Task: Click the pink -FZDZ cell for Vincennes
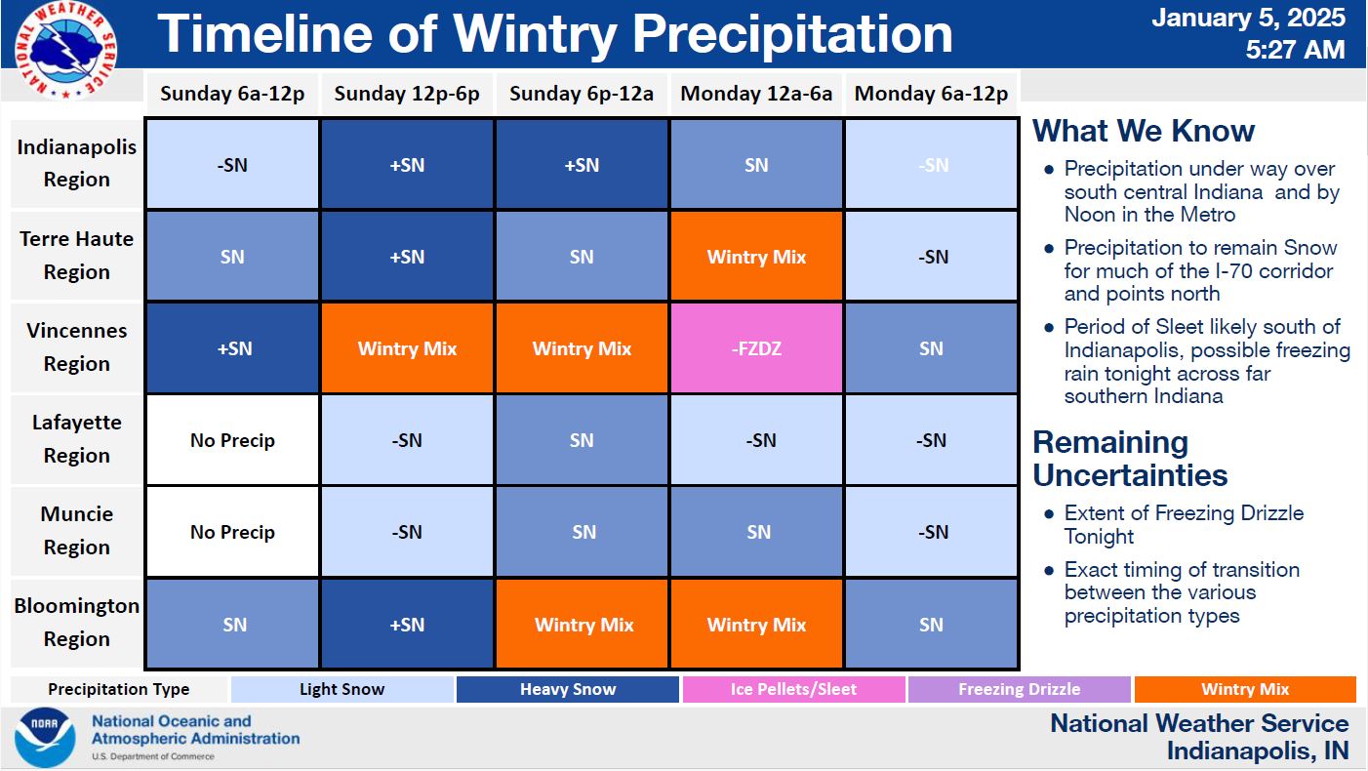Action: click(x=756, y=348)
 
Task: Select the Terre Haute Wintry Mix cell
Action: click(x=756, y=257)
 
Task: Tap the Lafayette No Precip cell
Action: click(x=232, y=440)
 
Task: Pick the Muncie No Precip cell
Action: click(x=232, y=532)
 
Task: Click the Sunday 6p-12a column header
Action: click(x=582, y=94)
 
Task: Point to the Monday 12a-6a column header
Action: click(x=756, y=94)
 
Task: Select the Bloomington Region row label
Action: click(x=77, y=623)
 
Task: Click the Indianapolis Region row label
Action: click(x=77, y=163)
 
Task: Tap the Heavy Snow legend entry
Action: click(x=568, y=689)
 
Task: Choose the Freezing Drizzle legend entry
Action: click(x=1020, y=689)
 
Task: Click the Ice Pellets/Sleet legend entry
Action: click(x=793, y=689)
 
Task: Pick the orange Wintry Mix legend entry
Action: click(x=1245, y=689)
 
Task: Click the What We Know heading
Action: click(x=1144, y=131)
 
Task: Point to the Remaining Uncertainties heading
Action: click(x=1130, y=459)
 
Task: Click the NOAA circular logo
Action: click(x=45, y=738)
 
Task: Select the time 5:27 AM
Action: click(x=1296, y=50)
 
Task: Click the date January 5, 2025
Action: click(x=1248, y=18)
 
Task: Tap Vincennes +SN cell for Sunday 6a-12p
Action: click(x=232, y=348)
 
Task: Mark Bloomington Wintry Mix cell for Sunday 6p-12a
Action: click(x=582, y=624)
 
